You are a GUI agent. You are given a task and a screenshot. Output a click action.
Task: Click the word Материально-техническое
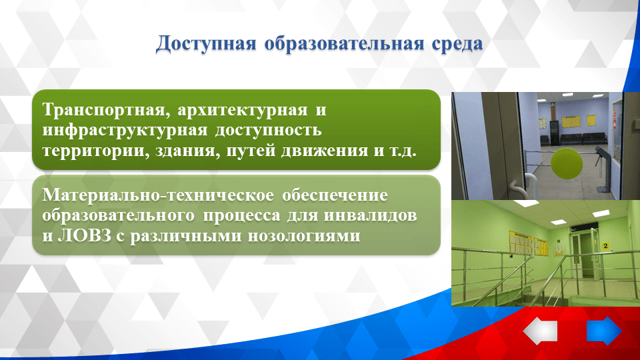pos(158,197)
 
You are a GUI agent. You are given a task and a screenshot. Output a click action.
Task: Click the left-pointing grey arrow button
pos(541,331)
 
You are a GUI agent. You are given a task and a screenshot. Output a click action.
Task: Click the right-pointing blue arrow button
pos(604,331)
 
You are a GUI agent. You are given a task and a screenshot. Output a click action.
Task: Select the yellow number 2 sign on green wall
pos(605,247)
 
